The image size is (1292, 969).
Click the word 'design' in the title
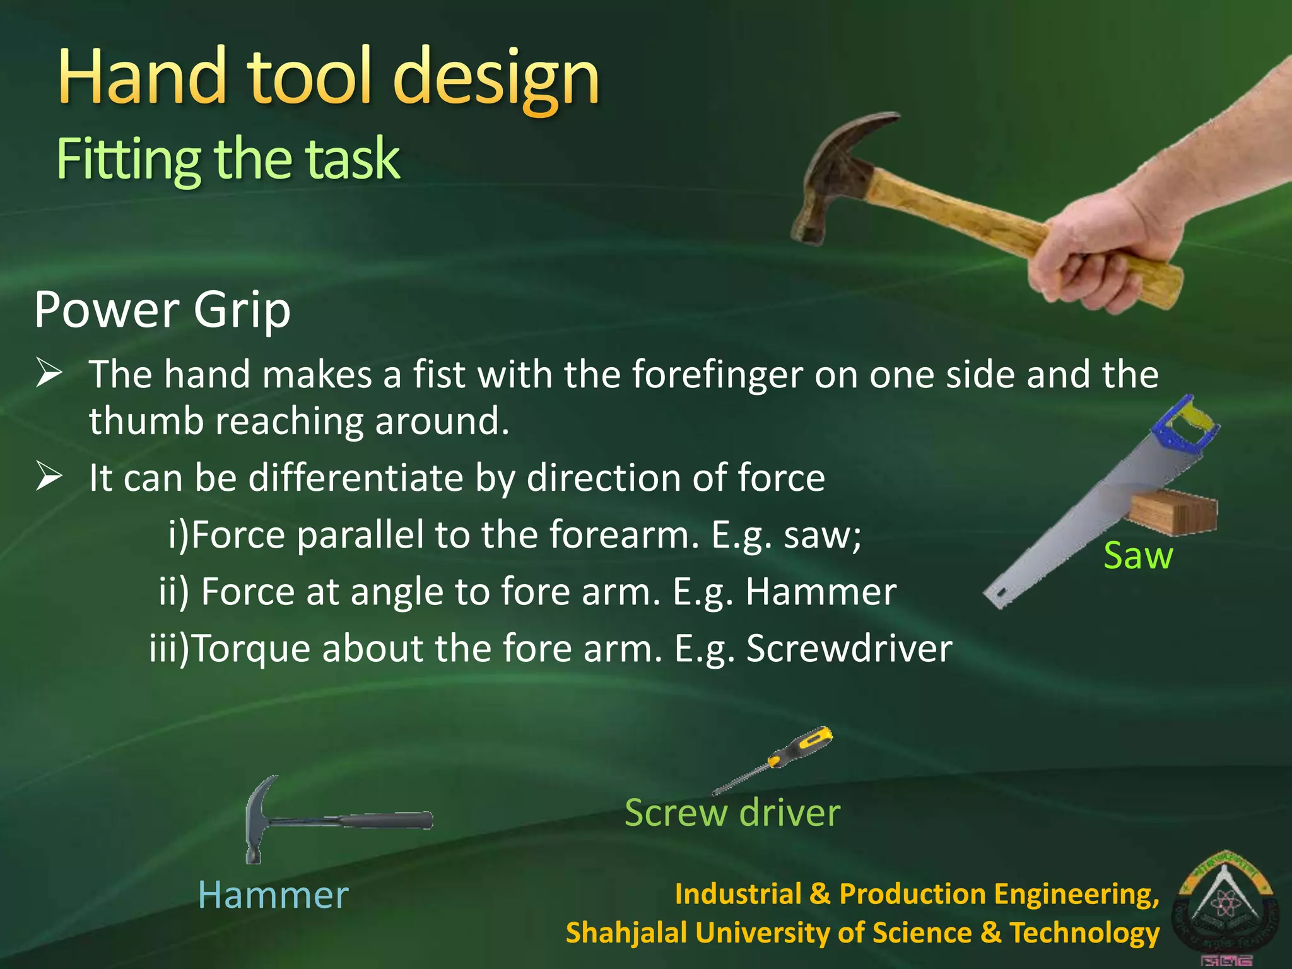click(x=496, y=79)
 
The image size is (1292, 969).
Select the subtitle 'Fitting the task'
click(x=228, y=158)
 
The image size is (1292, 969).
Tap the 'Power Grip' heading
click(x=162, y=310)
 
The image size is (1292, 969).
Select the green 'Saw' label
click(x=1137, y=556)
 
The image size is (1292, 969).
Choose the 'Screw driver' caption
click(x=732, y=813)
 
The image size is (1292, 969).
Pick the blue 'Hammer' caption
click(x=273, y=895)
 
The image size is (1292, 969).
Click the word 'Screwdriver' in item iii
click(x=849, y=649)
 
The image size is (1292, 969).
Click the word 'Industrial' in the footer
click(x=738, y=894)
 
